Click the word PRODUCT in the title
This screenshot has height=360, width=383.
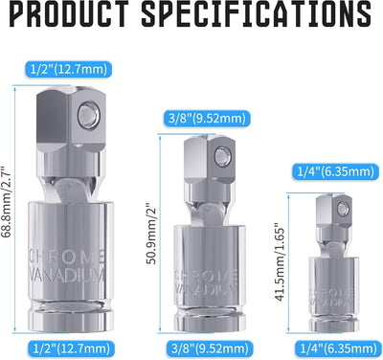point(69,13)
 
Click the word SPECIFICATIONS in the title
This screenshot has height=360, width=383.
point(257,13)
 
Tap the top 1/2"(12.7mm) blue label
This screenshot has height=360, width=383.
point(69,69)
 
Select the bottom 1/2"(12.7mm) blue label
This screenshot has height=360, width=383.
point(71,349)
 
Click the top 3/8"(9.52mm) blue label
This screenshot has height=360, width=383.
point(207,119)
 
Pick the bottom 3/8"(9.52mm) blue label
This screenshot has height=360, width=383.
point(210,349)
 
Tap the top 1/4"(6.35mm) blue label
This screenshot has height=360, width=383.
point(335,172)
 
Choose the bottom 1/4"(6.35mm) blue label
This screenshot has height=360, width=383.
point(338,349)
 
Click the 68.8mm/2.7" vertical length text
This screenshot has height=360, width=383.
point(6,202)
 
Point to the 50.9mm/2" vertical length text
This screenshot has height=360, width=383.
point(151,233)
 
